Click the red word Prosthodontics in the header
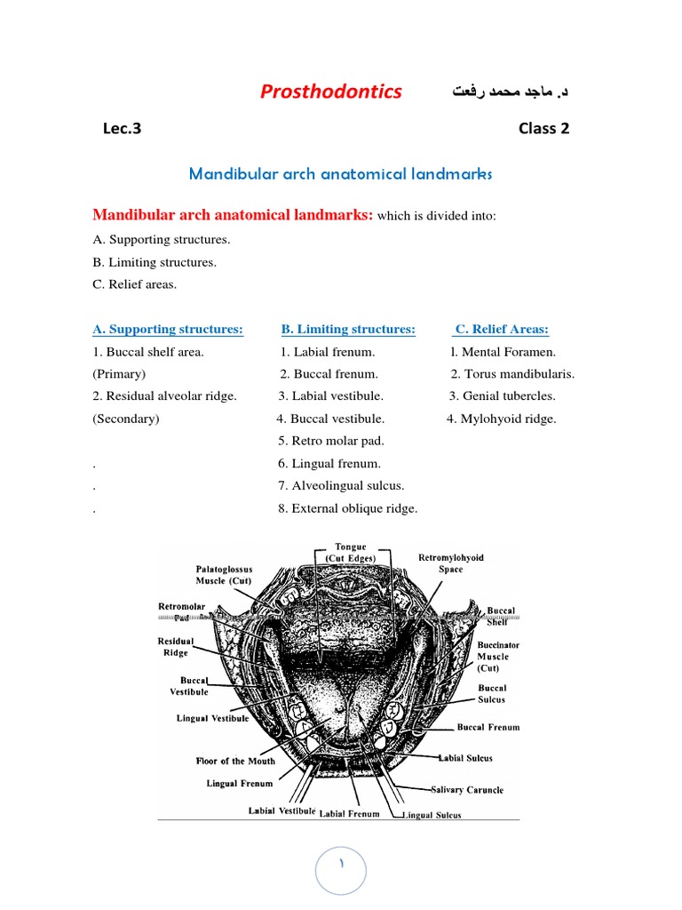coord(330,92)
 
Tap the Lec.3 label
coord(122,128)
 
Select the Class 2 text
coord(543,128)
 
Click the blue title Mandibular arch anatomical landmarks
coord(340,174)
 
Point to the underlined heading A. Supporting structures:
coord(168,330)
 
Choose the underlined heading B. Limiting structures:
coord(348,330)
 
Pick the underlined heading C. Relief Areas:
coord(502,330)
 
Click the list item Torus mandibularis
coord(512,374)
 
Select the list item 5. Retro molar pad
coord(331,441)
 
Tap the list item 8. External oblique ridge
coord(347,508)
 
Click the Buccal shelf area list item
coord(148,352)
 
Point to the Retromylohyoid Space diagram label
coord(451,563)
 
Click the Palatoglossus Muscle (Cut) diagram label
coord(224,574)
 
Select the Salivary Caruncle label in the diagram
coord(467,790)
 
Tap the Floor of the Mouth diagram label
coord(235,762)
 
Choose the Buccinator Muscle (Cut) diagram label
coord(498,656)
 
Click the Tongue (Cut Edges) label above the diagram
coord(350,552)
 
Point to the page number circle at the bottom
coord(341,867)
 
